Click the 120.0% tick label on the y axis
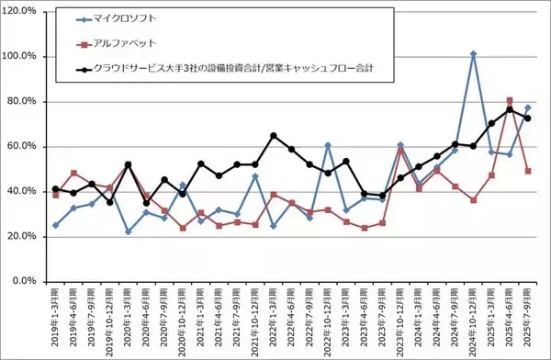21,11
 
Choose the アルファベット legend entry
125,42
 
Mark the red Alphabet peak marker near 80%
510,100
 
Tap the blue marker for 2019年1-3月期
56,225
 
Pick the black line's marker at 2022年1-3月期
274,136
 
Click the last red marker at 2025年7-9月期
527,171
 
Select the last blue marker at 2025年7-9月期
527,107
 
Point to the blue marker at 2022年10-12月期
328,145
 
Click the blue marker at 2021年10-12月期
255,176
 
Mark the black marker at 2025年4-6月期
510,110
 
